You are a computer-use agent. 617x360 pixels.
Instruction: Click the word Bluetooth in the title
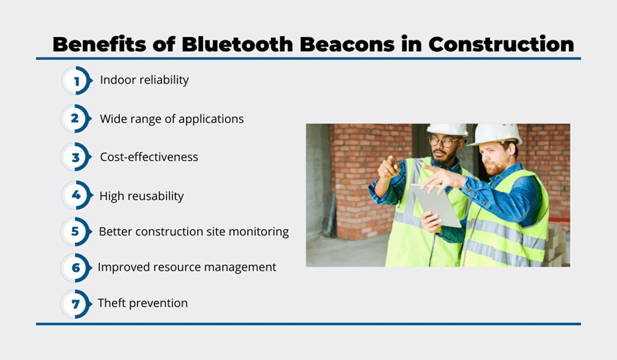tap(237, 44)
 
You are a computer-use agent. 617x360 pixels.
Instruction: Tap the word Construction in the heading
tap(501, 44)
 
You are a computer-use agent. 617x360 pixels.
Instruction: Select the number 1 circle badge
tap(77, 81)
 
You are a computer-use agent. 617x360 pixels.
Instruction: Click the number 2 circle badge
tap(76, 118)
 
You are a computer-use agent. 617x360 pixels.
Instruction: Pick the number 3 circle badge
tap(76, 157)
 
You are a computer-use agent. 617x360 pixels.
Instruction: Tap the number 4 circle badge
tap(77, 195)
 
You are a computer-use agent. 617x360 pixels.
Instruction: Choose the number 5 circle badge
tap(76, 231)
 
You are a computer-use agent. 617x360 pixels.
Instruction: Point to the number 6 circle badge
tap(76, 267)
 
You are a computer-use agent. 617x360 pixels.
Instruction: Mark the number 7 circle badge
tap(76, 304)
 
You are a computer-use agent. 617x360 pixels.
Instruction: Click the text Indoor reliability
tap(144, 80)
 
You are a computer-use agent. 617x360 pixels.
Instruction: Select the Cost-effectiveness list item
tap(149, 157)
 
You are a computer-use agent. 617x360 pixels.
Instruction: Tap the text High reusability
tap(141, 196)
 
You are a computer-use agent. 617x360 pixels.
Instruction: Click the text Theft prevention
tap(143, 303)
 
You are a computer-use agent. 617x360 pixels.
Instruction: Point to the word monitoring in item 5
tap(258, 232)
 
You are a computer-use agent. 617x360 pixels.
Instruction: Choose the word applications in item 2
tap(211, 119)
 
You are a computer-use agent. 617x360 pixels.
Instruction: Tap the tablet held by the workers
tap(435, 205)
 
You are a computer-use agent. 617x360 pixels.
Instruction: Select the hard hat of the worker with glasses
tap(447, 130)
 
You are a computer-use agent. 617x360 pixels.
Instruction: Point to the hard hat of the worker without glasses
tap(497, 134)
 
